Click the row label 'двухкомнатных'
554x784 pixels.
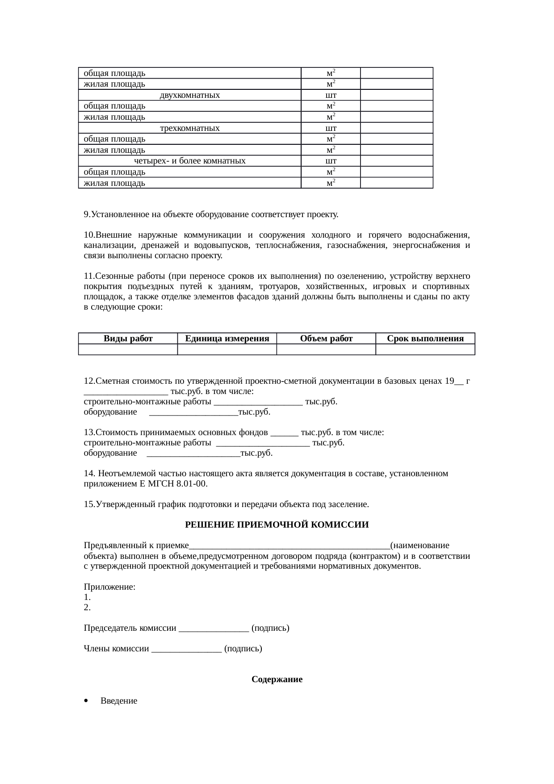coord(189,95)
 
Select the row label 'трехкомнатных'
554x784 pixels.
coord(189,128)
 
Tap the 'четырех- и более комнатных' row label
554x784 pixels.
coord(189,161)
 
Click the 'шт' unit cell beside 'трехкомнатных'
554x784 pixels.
coord(331,128)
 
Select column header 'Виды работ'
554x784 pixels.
coord(128,339)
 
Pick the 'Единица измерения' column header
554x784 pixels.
coord(227,339)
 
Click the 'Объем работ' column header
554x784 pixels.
coord(326,339)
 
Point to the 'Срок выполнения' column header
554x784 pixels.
coord(425,339)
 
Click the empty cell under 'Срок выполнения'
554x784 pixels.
coord(425,349)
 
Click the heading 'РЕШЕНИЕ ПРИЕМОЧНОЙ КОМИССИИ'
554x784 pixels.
coord(277,525)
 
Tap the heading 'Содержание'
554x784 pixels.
coord(277,679)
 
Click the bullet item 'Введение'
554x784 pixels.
coord(119,701)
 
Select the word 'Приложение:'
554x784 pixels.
coord(110,587)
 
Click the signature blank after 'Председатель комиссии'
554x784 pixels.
coord(214,629)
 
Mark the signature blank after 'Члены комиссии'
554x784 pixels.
coord(187,649)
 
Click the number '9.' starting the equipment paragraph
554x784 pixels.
coord(87,214)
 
